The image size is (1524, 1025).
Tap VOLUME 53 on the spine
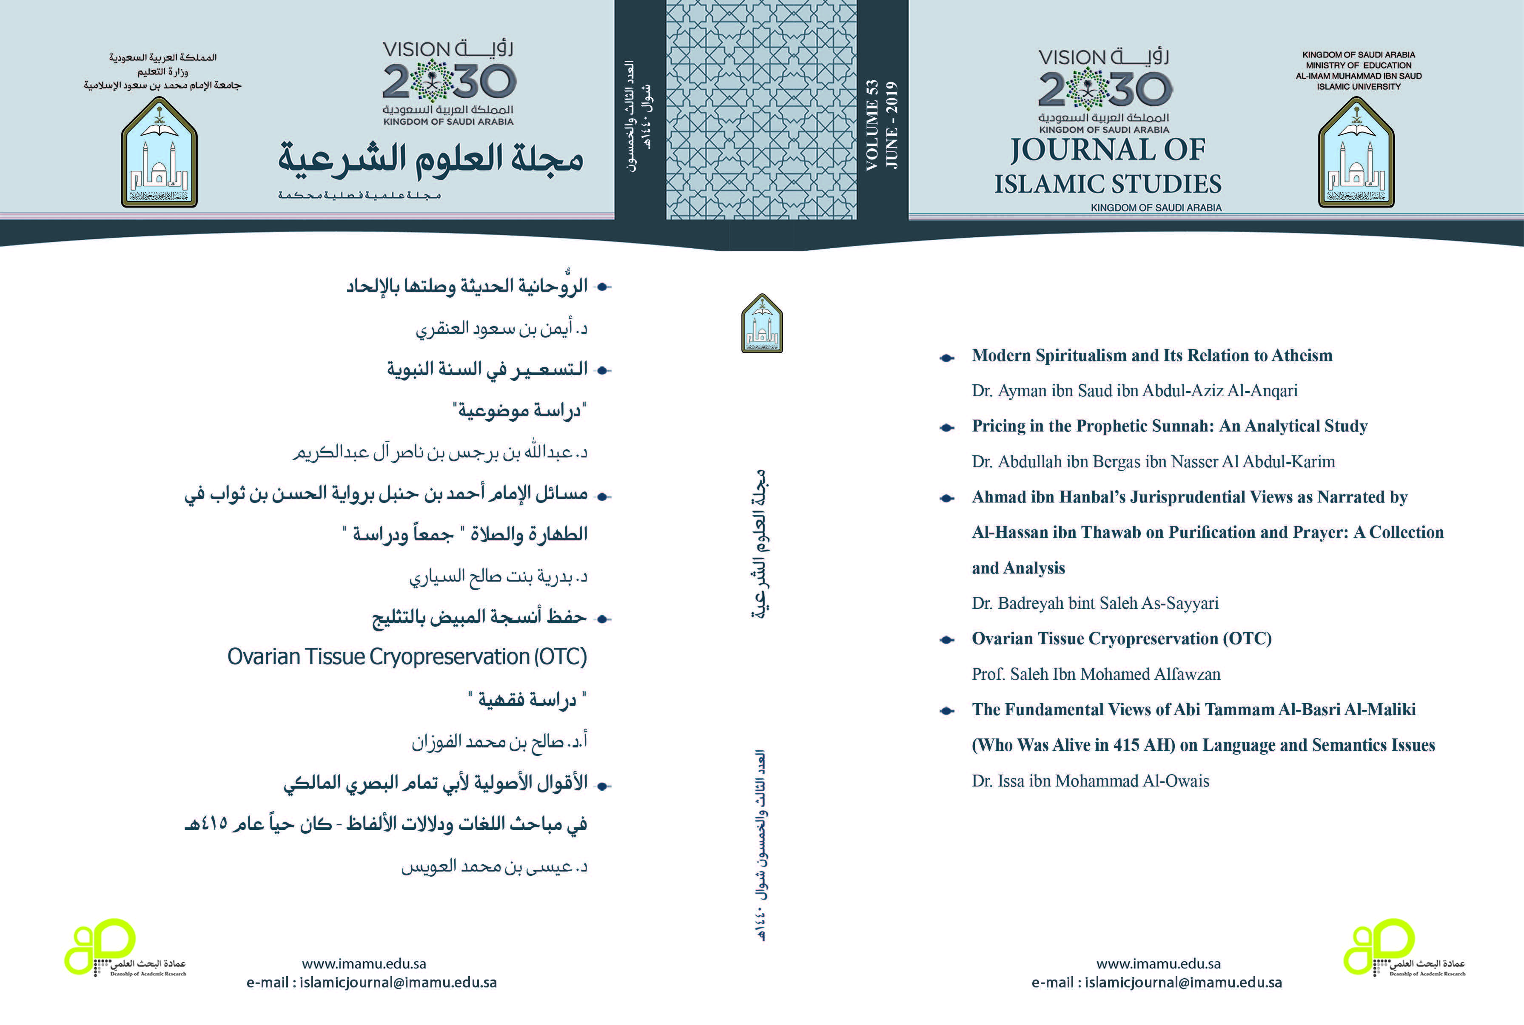872,125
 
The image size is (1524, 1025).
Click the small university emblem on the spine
762,324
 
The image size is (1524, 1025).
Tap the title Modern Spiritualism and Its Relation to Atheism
1152,355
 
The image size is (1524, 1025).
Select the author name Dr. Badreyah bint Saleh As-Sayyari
1095,603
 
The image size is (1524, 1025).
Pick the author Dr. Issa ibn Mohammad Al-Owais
1090,781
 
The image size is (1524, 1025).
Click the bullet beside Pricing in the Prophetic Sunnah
946,428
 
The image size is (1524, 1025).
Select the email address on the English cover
1157,982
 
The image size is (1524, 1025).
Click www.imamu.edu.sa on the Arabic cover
364,963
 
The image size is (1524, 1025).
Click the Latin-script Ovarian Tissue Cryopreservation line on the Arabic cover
407,656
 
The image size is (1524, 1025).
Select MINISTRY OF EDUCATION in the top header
1359,65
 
